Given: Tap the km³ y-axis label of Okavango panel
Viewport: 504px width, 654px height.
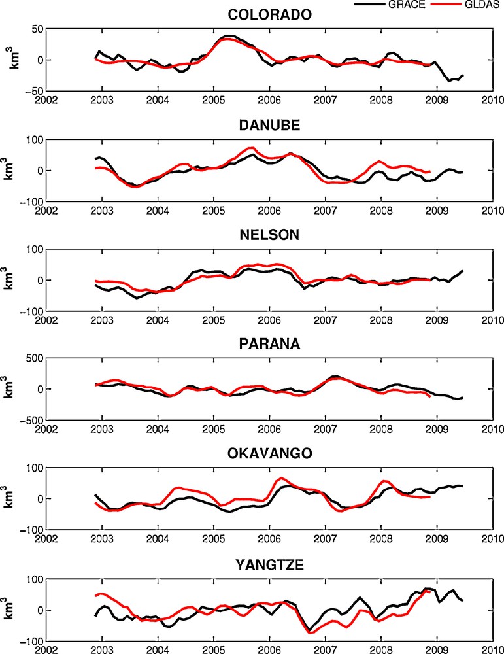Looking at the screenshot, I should pos(12,498).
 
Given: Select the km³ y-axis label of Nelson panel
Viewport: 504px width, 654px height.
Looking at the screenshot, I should pos(12,279).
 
